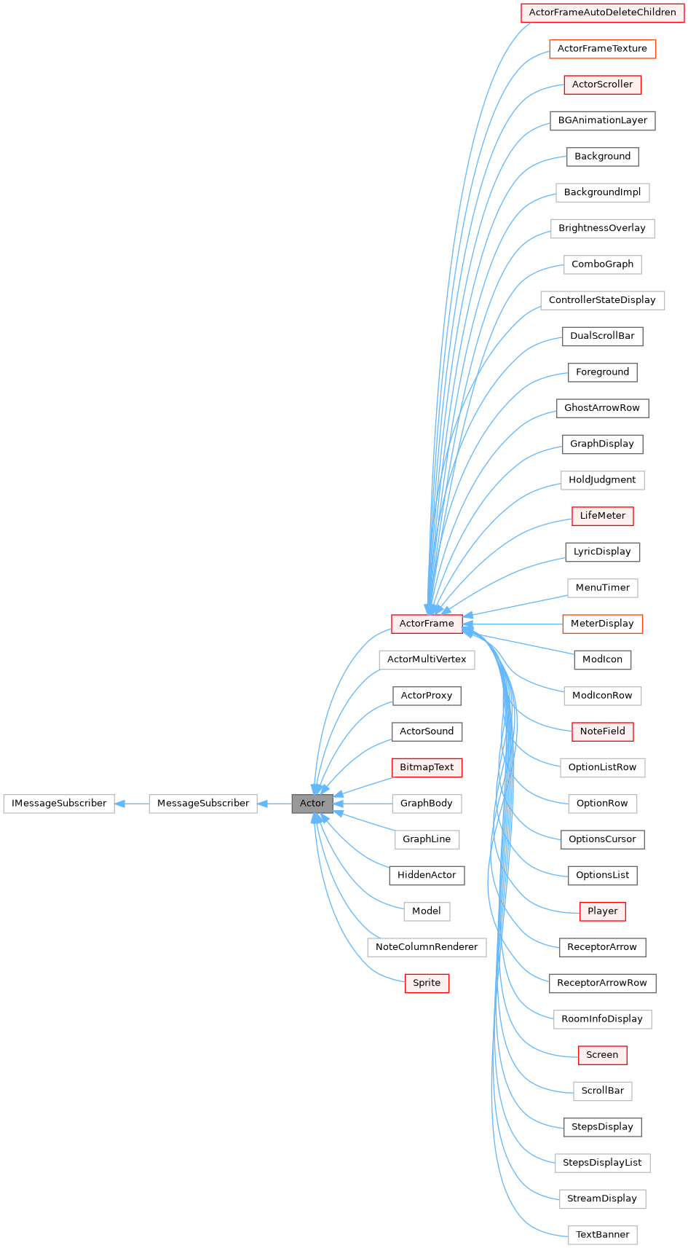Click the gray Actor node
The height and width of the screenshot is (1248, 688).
312,803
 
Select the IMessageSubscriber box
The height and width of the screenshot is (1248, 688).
59,803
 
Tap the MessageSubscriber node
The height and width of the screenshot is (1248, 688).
203,803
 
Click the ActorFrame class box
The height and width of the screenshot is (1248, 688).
427,624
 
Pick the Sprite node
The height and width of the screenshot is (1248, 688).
427,983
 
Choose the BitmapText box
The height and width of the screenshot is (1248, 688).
427,767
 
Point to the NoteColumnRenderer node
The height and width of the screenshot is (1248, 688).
427,947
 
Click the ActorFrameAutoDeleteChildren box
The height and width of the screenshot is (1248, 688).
602,12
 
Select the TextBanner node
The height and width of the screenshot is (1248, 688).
602,1234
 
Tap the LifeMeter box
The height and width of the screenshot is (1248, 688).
602,516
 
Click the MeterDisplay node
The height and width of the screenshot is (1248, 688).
602,624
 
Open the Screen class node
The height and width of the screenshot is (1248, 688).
602,1055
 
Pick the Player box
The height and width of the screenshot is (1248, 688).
602,911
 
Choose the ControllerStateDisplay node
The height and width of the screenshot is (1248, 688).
602,300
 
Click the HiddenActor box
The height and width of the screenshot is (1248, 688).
427,875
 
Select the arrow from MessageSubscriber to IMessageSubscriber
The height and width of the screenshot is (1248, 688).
132,803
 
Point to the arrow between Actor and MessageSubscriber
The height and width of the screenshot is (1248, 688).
274,803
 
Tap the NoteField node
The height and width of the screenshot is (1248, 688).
602,731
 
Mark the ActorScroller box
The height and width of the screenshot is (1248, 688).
602,85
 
